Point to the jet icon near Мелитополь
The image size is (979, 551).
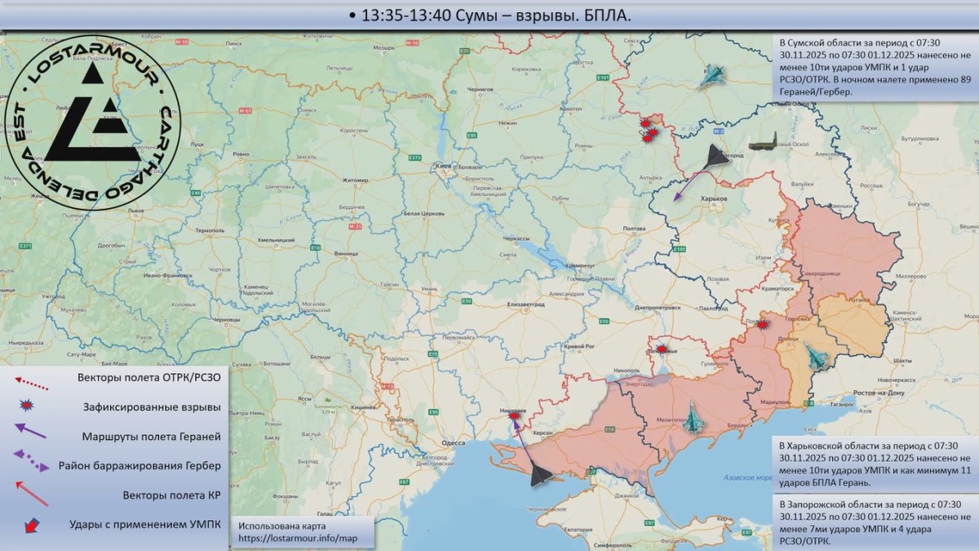tap(693, 420)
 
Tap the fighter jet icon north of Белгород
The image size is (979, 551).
tap(712, 77)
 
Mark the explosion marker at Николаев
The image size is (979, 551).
tap(515, 415)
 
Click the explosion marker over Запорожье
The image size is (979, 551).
tap(662, 349)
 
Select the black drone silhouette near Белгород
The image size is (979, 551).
tap(715, 157)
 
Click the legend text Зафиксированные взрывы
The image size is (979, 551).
tap(152, 407)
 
